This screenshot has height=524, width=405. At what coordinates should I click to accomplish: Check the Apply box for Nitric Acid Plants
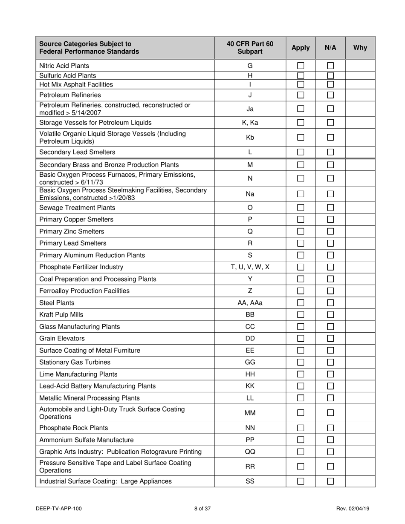(301, 66)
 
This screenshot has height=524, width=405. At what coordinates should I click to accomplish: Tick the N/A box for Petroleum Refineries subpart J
(330, 95)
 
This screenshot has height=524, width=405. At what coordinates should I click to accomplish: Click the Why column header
(360, 48)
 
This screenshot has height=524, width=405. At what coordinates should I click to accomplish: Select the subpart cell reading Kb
(250, 138)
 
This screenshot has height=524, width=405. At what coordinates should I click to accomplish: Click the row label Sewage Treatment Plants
(77, 208)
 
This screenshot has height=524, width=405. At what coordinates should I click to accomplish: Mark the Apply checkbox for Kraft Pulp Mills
(301, 315)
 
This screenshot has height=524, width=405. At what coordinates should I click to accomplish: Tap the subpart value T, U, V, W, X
(250, 267)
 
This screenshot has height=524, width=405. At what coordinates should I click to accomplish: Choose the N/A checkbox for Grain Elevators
(330, 339)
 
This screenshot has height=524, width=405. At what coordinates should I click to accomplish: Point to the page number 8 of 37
(202, 508)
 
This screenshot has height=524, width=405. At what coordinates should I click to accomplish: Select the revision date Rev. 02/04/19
(353, 508)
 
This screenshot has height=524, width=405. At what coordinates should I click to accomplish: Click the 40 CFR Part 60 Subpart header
(250, 48)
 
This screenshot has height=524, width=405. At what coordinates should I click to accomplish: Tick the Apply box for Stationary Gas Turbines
(301, 363)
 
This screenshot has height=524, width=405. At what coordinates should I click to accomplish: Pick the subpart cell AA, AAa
(250, 303)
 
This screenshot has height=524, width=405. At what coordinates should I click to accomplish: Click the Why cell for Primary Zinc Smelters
(360, 232)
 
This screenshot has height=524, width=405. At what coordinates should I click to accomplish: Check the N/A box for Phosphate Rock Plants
(330, 428)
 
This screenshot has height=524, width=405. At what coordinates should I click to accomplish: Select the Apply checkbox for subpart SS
(301, 481)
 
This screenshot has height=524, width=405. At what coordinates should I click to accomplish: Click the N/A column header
(330, 48)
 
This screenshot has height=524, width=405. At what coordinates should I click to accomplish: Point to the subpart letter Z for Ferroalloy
(250, 291)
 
